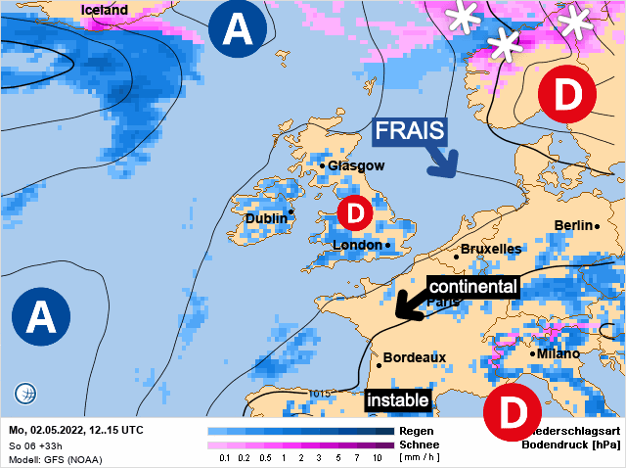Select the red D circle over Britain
pyautogui.click(x=355, y=211)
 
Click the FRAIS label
pyautogui.click(x=411, y=131)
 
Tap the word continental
pyautogui.click(x=472, y=287)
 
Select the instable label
pyautogui.click(x=397, y=400)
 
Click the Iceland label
pyautogui.click(x=105, y=10)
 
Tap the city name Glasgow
pyautogui.click(x=356, y=166)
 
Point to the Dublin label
pyautogui.click(x=266, y=218)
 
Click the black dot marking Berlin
pyautogui.click(x=598, y=226)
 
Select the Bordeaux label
pyautogui.click(x=414, y=357)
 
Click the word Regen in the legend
pyautogui.click(x=417, y=431)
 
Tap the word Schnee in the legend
pyautogui.click(x=420, y=445)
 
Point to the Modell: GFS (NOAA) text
pyautogui.click(x=55, y=459)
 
